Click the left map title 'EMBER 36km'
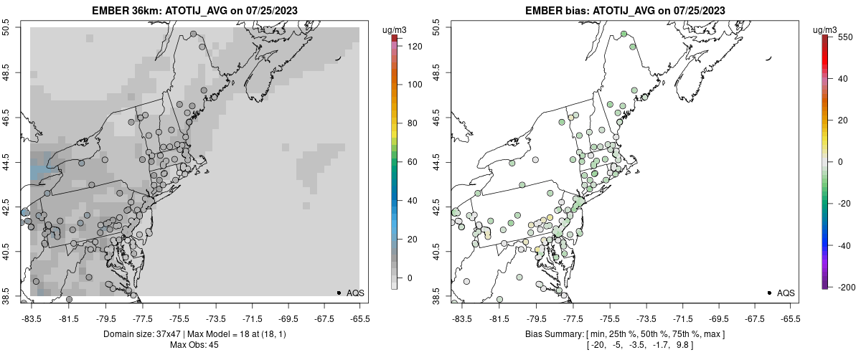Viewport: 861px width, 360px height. click(x=123, y=11)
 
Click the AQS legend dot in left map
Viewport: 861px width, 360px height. click(x=339, y=293)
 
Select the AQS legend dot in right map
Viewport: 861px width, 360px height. click(x=769, y=293)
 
